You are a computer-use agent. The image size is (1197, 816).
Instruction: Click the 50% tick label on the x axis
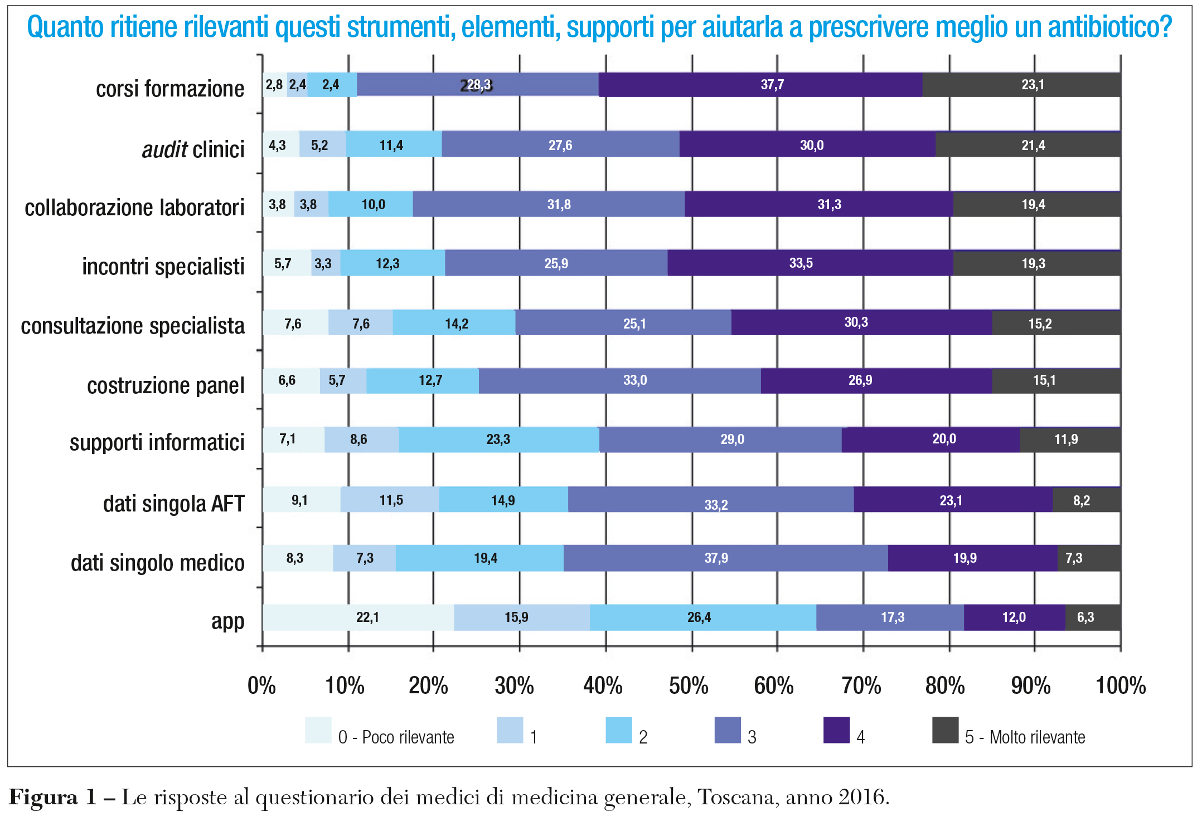click(689, 685)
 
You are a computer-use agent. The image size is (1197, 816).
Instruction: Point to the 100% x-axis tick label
click(1121, 685)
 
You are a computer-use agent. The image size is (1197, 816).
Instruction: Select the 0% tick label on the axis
click(261, 685)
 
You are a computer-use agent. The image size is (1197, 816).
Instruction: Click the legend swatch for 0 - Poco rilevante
click(318, 730)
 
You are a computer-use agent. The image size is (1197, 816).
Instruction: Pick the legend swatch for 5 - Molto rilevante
click(945, 730)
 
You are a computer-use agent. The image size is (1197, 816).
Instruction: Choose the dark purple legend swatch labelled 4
click(836, 730)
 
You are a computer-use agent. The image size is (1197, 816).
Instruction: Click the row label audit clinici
click(193, 149)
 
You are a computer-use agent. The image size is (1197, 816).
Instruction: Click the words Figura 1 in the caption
click(53, 797)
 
